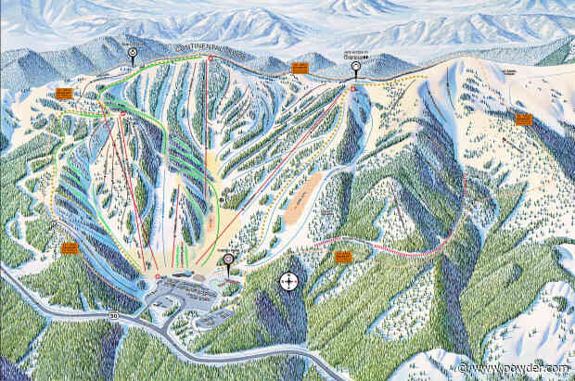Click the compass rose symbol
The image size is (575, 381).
coord(288,280)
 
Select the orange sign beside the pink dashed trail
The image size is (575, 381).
coord(343,255)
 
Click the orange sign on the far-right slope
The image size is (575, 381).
coord(524,119)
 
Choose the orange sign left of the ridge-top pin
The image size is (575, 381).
coord(300,68)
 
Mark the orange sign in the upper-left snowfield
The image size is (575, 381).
coord(64,93)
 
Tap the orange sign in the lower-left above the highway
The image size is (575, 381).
coord(70,248)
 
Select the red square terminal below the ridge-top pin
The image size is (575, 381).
coord(353,87)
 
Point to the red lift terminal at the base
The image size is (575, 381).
coord(158,276)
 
